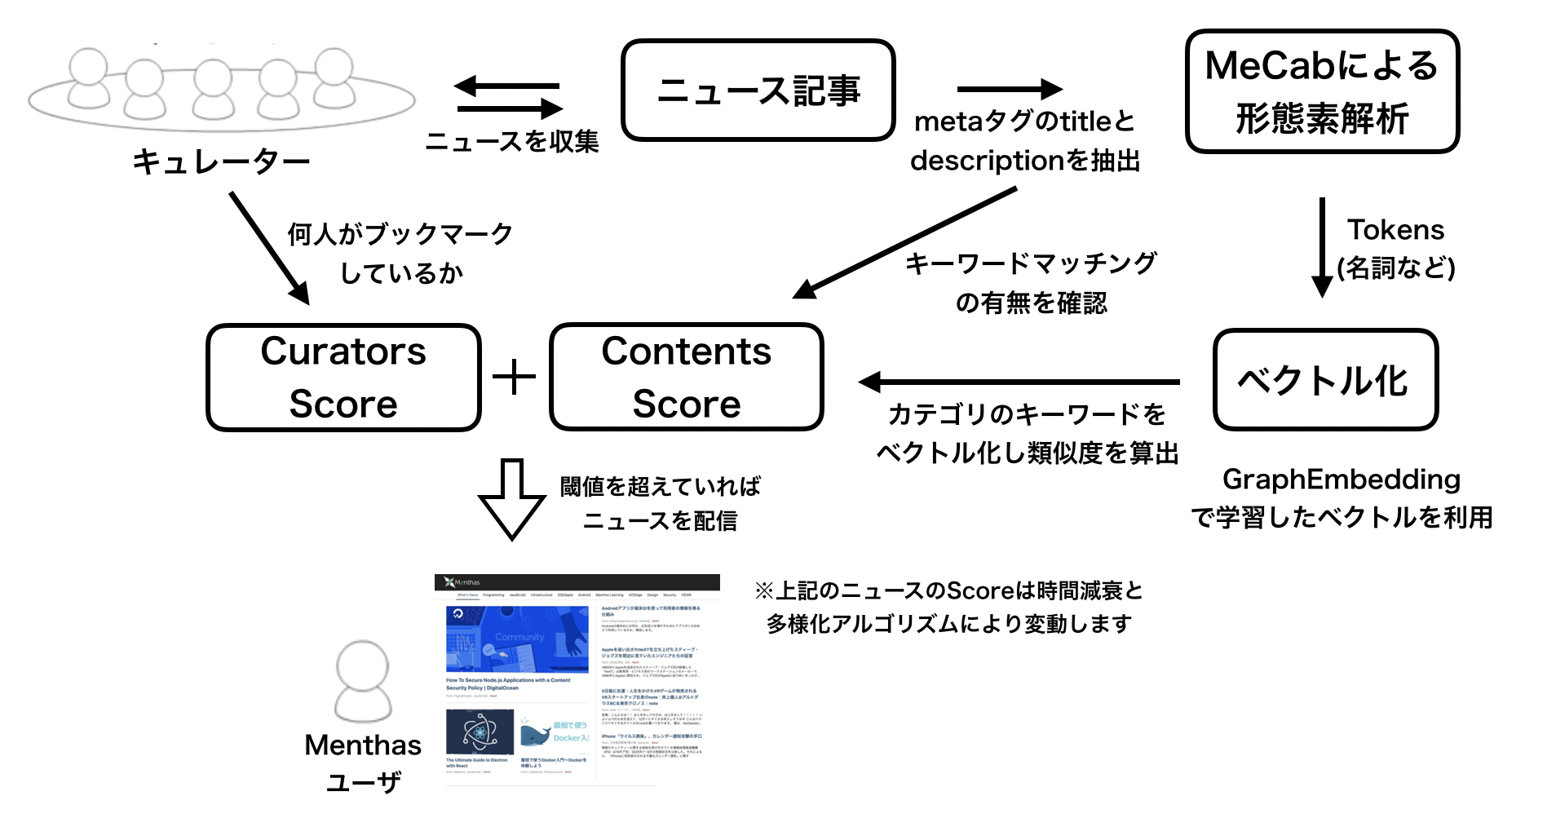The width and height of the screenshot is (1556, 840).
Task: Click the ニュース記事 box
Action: pyautogui.click(x=758, y=91)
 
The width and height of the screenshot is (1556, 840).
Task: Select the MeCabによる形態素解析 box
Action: pyautogui.click(x=1321, y=91)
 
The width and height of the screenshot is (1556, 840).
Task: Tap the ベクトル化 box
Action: pyautogui.click(x=1324, y=380)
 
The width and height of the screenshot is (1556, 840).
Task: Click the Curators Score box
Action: pyautogui.click(x=343, y=378)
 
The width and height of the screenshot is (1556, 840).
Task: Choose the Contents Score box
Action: pyautogui.click(x=686, y=378)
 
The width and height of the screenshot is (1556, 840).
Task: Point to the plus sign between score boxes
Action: pyautogui.click(x=514, y=377)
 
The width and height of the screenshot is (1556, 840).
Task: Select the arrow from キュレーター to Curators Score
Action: pyautogui.click(x=270, y=248)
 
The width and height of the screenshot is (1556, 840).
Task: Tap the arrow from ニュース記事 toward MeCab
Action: pyautogui.click(x=1010, y=89)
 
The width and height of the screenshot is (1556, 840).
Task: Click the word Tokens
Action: pyautogui.click(x=1395, y=230)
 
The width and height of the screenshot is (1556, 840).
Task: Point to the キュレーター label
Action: pyautogui.click(x=221, y=161)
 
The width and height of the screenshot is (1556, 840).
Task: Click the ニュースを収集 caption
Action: pyautogui.click(x=511, y=142)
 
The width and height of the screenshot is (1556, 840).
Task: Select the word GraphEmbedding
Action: pyautogui.click(x=1341, y=480)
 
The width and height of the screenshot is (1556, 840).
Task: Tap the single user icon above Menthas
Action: pyautogui.click(x=363, y=682)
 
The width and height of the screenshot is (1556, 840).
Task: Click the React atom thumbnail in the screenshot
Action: pyautogui.click(x=480, y=732)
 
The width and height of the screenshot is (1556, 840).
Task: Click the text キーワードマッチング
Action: pyautogui.click(x=1031, y=263)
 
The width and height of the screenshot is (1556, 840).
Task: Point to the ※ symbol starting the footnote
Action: pyautogui.click(x=763, y=590)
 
